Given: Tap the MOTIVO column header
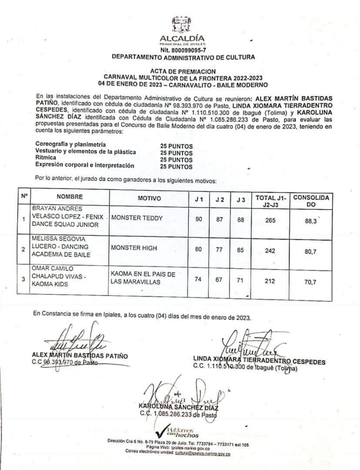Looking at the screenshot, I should [149, 198].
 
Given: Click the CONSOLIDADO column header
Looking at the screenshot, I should [311, 201].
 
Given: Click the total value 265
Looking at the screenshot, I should [270, 221].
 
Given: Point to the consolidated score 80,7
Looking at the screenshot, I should [310, 252].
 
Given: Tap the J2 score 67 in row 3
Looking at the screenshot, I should [219, 279].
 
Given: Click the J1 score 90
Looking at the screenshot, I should [199, 219].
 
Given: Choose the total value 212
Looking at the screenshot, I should [270, 281].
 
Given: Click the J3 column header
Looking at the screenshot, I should [241, 200].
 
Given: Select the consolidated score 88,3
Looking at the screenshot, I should [310, 221].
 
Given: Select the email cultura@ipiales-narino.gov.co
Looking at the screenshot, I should [202, 453].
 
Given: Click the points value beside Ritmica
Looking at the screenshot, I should [176, 160].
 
